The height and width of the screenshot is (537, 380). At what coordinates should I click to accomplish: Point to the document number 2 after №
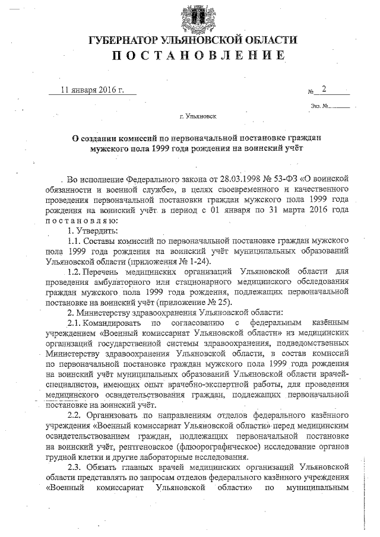click(x=324, y=90)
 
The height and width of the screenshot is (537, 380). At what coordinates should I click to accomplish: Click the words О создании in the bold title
click(x=95, y=137)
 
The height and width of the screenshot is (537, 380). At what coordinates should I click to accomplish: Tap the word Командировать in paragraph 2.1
click(x=113, y=323)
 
